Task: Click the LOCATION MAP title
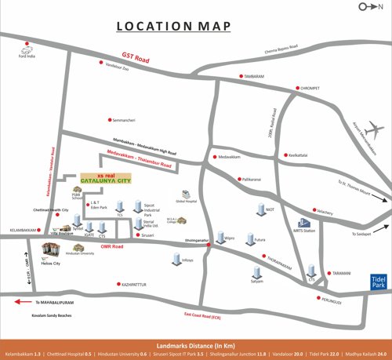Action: (x=174, y=27)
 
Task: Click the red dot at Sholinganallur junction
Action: (x=208, y=246)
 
